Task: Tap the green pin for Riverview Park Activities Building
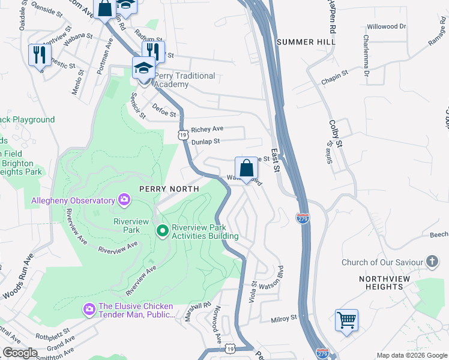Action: point(162,230)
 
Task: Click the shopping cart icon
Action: point(346,320)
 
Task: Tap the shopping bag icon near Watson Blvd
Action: point(246,169)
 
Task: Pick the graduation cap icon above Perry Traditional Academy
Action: point(143,67)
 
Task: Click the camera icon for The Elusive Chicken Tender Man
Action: point(89,309)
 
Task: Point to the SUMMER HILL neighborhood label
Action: point(304,42)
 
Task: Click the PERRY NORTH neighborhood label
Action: point(169,188)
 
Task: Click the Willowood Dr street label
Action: point(387,27)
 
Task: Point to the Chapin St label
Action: point(335,74)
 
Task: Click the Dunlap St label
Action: point(206,141)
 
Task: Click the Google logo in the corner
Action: point(20,353)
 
